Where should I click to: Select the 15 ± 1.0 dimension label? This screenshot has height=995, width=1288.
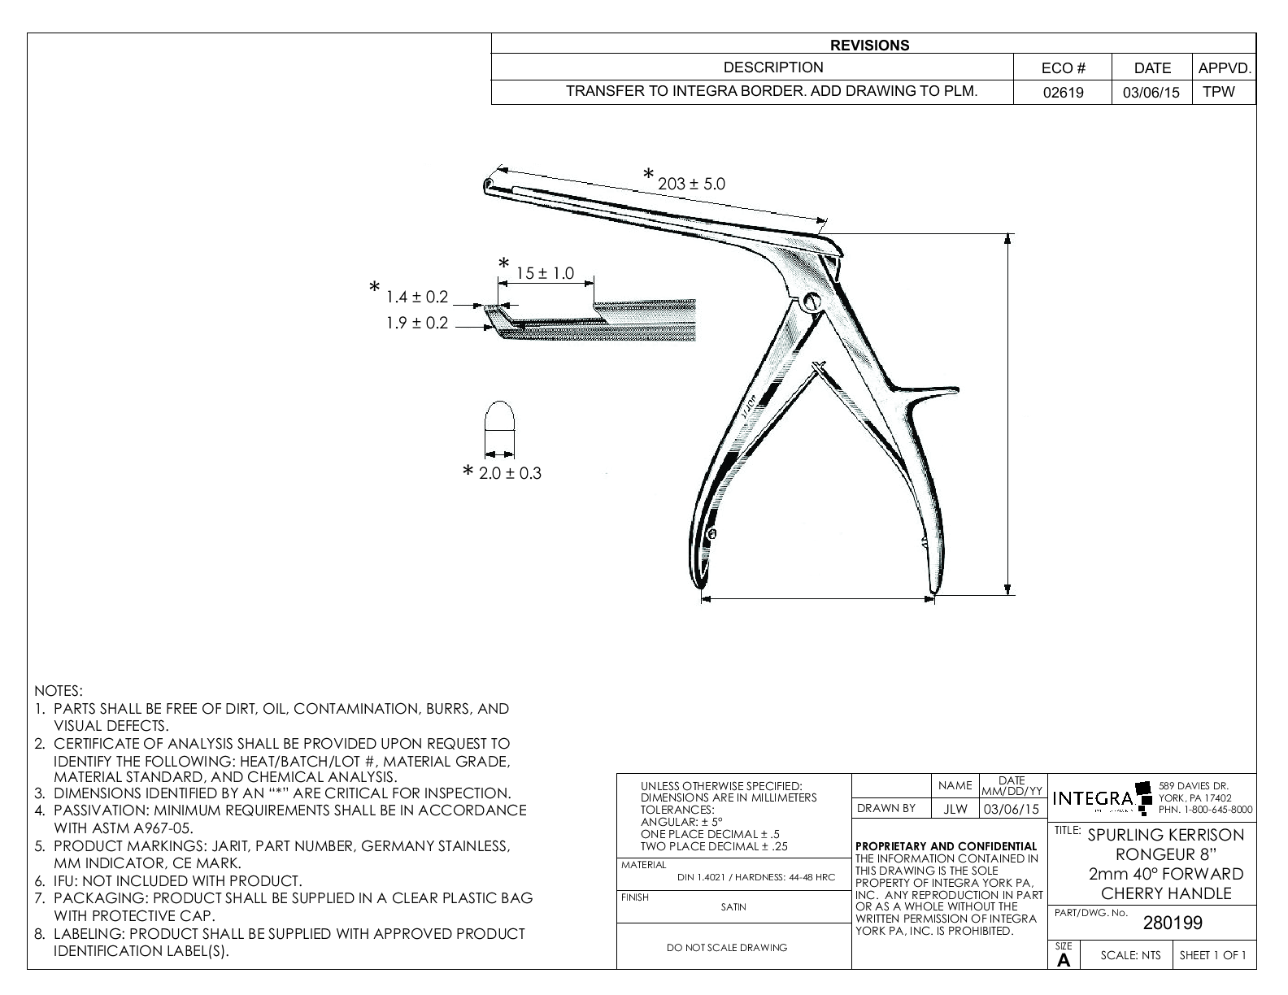pyautogui.click(x=545, y=274)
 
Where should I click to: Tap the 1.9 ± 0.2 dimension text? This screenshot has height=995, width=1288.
pyautogui.click(x=416, y=324)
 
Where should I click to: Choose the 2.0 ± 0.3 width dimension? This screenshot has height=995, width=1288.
pyautogui.click(x=510, y=473)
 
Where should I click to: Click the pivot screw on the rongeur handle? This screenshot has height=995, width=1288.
pyautogui.click(x=812, y=301)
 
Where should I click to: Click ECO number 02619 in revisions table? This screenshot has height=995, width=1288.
pyautogui.click(x=1063, y=93)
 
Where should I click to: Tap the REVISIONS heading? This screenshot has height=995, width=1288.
pyautogui.click(x=873, y=46)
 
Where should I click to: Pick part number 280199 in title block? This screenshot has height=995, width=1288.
pyautogui.click(x=1173, y=923)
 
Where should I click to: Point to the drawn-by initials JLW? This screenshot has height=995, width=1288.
pyautogui.click(x=955, y=809)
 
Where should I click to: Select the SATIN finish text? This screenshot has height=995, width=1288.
pyautogui.click(x=733, y=907)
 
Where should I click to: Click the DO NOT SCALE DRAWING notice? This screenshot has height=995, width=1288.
pyautogui.click(x=727, y=947)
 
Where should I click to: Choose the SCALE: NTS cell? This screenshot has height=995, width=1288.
pyautogui.click(x=1130, y=956)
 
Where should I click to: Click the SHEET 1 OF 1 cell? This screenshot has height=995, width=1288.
pyautogui.click(x=1212, y=956)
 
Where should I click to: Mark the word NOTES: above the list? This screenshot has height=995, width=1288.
pyautogui.click(x=59, y=691)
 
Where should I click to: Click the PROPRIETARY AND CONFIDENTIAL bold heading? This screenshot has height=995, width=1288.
pyautogui.click(x=947, y=846)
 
